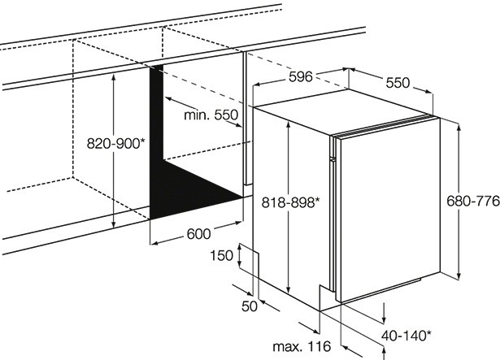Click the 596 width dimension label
(x=300, y=78)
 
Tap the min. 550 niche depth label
(x=210, y=115)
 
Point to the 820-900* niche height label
(x=115, y=143)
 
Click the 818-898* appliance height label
(x=289, y=202)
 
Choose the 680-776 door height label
(x=471, y=200)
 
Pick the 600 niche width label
(x=198, y=234)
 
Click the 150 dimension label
(x=221, y=256)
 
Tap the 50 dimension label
(x=250, y=306)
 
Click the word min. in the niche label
(x=195, y=115)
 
